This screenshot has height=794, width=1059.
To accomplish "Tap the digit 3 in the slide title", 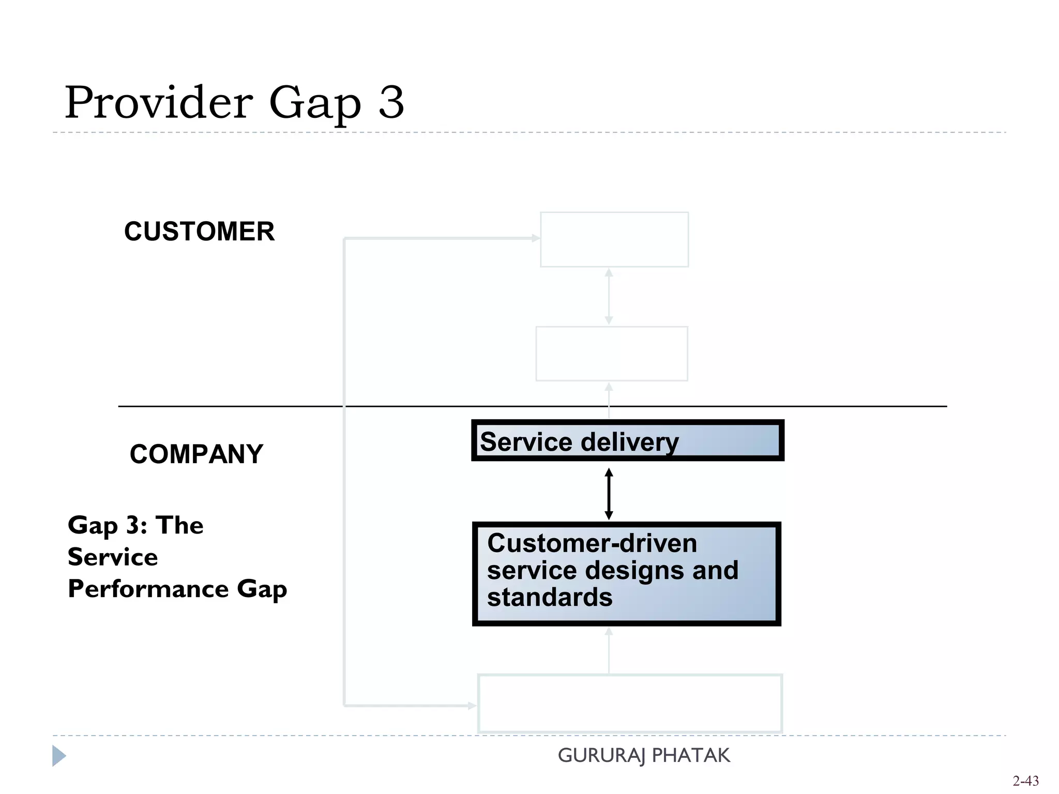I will click(391, 102).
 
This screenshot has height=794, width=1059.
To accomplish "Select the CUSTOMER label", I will click(199, 231).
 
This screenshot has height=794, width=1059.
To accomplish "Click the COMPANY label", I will click(196, 454).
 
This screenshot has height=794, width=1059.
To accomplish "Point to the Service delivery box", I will click(627, 440).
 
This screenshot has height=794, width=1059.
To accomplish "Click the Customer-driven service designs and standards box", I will click(626, 574).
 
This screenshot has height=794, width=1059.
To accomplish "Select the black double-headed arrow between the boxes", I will click(609, 494).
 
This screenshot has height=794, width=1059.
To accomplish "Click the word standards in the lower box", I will click(550, 597).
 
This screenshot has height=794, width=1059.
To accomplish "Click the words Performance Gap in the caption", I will click(177, 589).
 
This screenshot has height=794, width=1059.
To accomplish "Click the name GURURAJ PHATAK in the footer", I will click(644, 755).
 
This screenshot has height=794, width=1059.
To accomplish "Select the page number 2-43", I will click(1025, 781).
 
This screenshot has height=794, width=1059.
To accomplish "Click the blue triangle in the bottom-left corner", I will click(58, 756).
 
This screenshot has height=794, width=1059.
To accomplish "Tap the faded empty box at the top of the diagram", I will click(614, 239).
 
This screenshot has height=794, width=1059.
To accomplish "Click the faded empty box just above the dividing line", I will click(612, 354).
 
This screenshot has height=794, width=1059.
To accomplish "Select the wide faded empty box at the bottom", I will click(630, 703).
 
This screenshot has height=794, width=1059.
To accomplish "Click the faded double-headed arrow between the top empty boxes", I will click(609, 297).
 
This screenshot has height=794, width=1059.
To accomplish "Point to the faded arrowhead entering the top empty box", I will click(536, 238).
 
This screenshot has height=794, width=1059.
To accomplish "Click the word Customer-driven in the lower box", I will click(592, 543).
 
